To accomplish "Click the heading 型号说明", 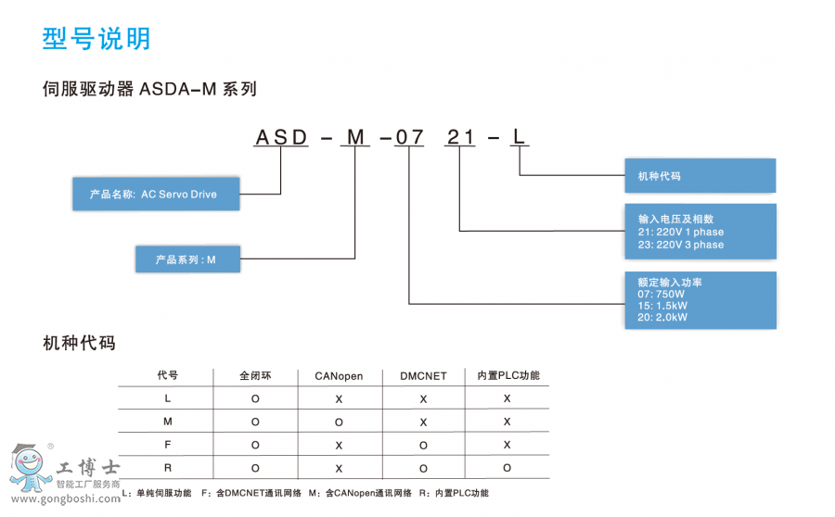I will pyautogui.click(x=96, y=39).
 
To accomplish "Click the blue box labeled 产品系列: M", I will pyautogui.click(x=186, y=260).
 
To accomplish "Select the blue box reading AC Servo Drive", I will pyautogui.click(x=156, y=195).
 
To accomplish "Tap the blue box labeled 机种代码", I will pyautogui.click(x=700, y=175).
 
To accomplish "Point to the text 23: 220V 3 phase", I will pyautogui.click(x=680, y=245).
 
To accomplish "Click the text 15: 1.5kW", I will pyautogui.click(x=662, y=306).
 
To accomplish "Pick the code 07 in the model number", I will pyautogui.click(x=409, y=138).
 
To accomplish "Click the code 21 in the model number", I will pyautogui.click(x=461, y=138).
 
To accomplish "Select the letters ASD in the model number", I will pyautogui.click(x=282, y=138).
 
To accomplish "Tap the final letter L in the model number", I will pyautogui.click(x=520, y=138).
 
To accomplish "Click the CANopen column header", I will pyautogui.click(x=339, y=376).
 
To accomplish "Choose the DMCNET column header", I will pyautogui.click(x=423, y=376).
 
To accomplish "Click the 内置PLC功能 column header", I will pyautogui.click(x=507, y=376).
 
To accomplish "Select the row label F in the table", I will pyautogui.click(x=167, y=445).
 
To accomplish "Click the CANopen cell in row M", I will pyautogui.click(x=339, y=422).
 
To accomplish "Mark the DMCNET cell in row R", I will pyautogui.click(x=423, y=468).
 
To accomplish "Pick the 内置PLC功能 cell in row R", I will pyautogui.click(x=507, y=468).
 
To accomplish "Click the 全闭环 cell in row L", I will pyautogui.click(x=255, y=398).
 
